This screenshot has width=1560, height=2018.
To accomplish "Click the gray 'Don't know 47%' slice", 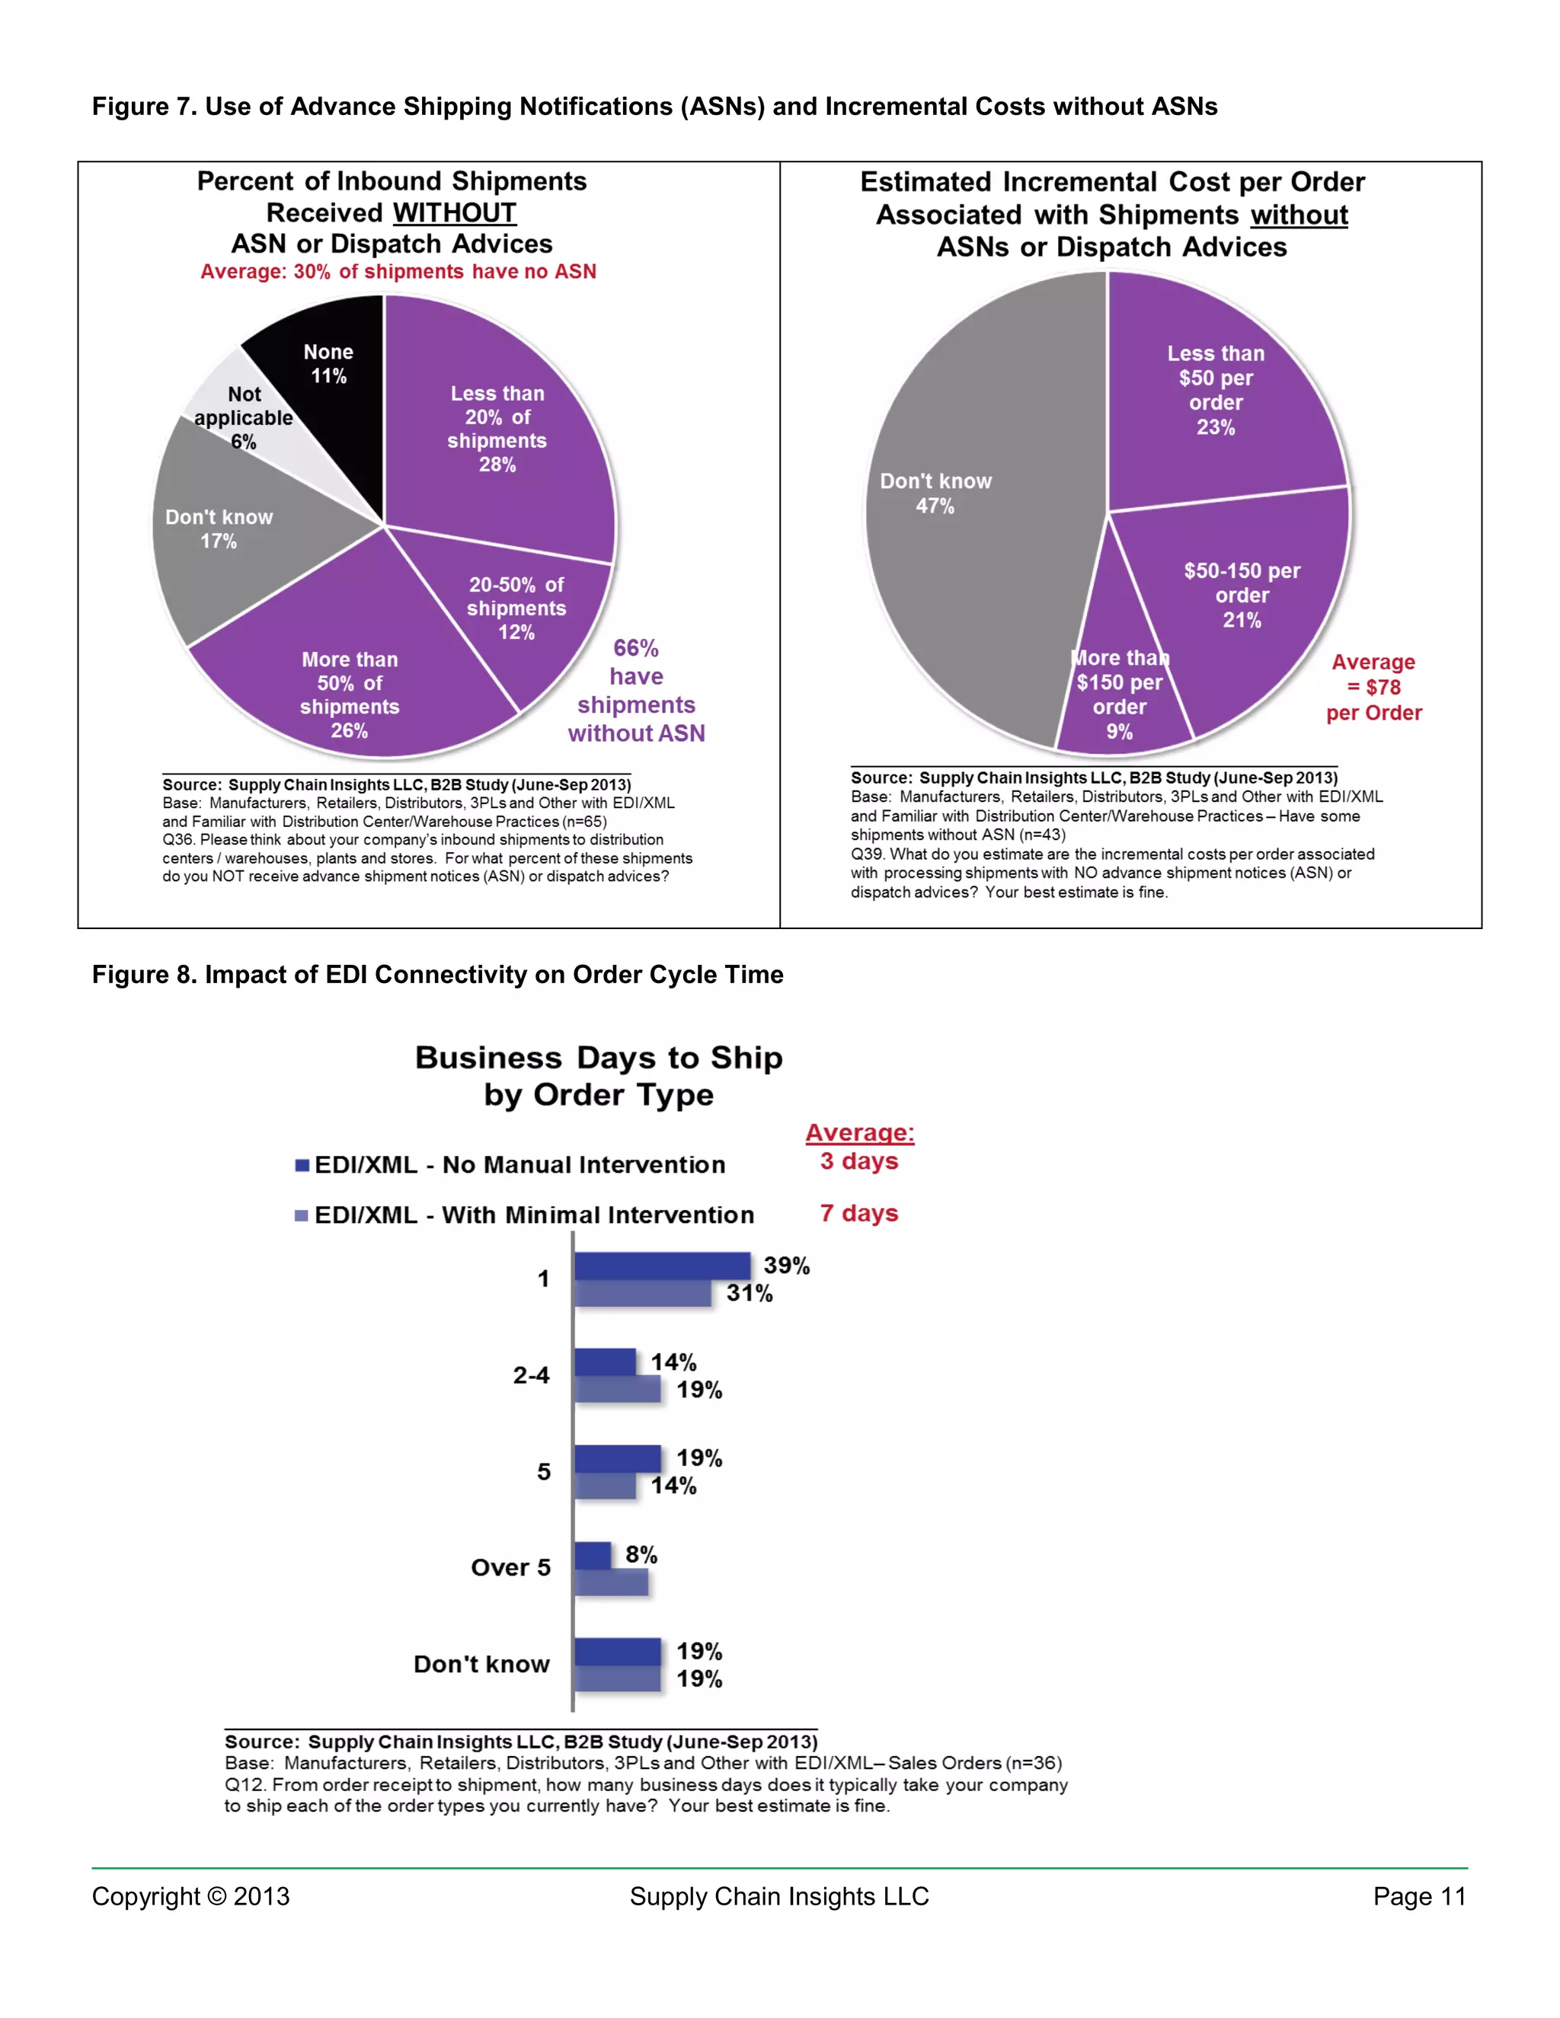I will click(x=961, y=517).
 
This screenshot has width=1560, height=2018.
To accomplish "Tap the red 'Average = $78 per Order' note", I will click(x=1374, y=688).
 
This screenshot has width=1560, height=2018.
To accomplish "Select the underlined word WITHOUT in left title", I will click(x=455, y=212).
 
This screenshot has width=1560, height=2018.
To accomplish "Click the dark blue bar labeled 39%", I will click(x=662, y=1266).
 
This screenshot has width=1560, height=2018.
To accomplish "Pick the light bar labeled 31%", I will click(x=642, y=1294).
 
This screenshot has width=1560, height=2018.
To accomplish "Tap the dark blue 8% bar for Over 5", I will click(x=593, y=1555).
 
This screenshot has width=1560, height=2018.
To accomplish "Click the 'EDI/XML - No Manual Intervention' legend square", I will click(x=302, y=1165).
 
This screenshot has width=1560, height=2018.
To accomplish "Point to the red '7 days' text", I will click(x=858, y=1213).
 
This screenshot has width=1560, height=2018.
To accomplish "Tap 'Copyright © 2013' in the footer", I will click(x=190, y=1897).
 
